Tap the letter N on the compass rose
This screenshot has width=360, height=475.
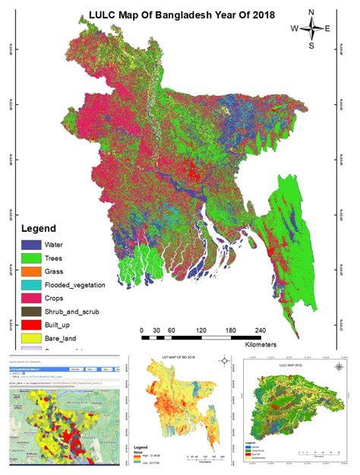[312, 12]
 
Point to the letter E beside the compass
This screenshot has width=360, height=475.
[328, 29]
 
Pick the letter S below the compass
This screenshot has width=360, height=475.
[311, 46]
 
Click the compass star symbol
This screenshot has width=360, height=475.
[311, 29]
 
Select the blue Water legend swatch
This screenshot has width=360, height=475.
[32, 245]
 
